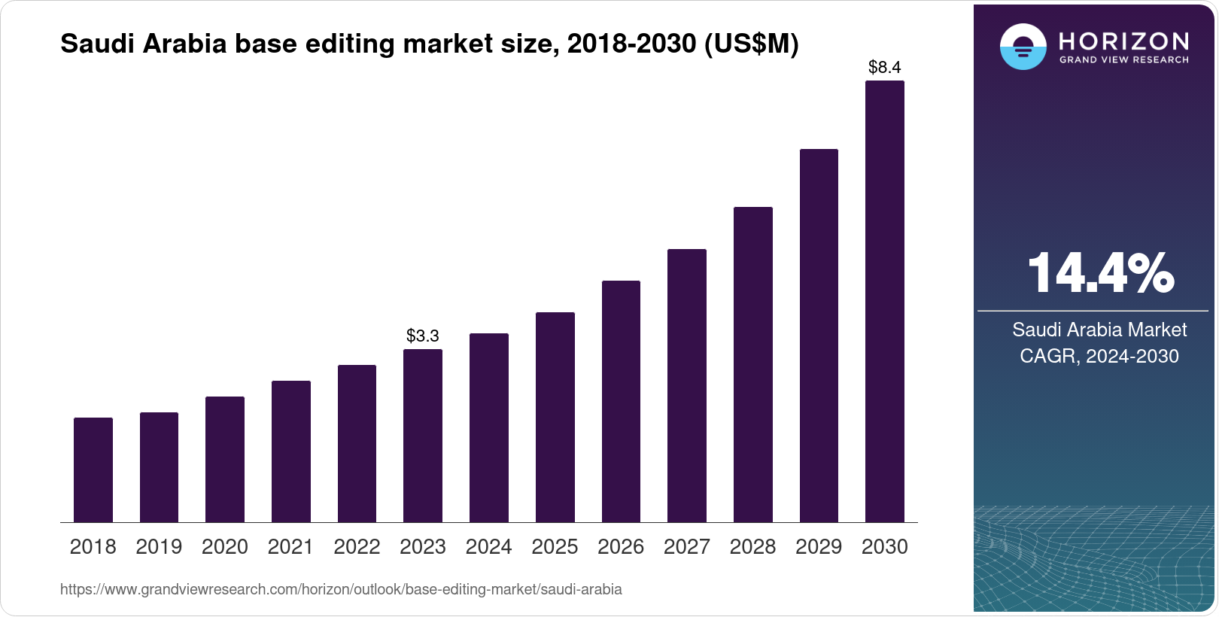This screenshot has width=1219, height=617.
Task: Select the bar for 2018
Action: tap(93, 470)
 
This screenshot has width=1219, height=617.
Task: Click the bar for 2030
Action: tap(884, 301)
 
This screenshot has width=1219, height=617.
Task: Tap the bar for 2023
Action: tap(423, 436)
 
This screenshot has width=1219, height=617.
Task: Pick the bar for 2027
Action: tap(686, 385)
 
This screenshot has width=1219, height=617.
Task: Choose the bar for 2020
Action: tap(225, 459)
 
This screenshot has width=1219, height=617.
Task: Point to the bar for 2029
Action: tap(819, 336)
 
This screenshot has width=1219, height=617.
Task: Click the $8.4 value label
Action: tap(884, 68)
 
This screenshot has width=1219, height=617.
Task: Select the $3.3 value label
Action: tap(422, 336)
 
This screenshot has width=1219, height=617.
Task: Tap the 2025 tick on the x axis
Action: tap(555, 547)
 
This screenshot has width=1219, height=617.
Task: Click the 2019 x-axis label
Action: tap(159, 547)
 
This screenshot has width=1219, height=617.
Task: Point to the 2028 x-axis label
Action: tap(752, 547)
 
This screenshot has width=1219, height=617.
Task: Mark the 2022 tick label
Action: tap(357, 547)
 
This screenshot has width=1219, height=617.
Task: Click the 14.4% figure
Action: tap(1099, 273)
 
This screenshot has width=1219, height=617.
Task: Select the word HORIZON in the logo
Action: tap(1123, 41)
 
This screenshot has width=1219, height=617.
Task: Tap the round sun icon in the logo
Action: tap(1023, 47)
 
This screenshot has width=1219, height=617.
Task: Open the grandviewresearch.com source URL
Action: tap(341, 589)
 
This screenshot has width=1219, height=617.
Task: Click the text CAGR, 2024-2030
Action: tap(1099, 356)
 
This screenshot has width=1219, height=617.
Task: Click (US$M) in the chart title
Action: tap(750, 44)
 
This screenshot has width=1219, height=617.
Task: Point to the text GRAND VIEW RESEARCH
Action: tap(1123, 59)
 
